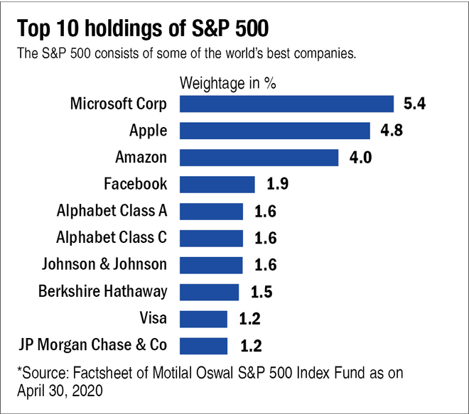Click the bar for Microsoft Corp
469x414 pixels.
(286, 104)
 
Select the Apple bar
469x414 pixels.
(274, 131)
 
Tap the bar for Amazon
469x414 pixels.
(259, 158)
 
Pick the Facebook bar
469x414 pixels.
(217, 185)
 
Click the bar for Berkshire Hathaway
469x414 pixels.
(209, 292)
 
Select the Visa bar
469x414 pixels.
(203, 319)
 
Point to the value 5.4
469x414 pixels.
(414, 104)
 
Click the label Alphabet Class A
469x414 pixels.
(112, 211)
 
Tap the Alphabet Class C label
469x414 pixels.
(112, 238)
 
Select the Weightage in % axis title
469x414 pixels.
(228, 82)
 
